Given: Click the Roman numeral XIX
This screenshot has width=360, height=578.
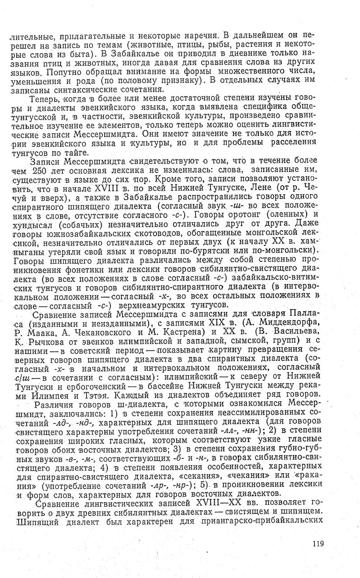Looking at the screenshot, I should click(225, 322).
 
